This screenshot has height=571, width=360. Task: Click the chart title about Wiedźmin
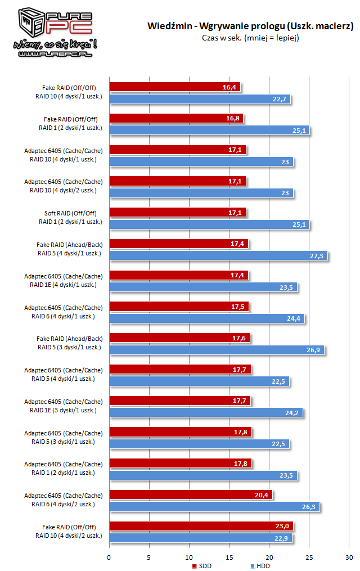(250, 26)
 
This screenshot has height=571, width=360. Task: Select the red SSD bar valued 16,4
(174, 87)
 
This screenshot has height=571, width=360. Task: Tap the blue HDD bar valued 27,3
(218, 256)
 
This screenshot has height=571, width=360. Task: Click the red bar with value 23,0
(201, 526)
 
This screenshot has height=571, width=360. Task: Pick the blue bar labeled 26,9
(217, 350)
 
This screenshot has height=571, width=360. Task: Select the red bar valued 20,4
(191, 494)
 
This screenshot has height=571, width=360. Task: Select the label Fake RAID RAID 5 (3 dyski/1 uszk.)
(69, 343)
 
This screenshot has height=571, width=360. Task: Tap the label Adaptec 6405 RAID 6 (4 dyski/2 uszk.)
(64, 500)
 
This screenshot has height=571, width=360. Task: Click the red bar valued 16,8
(176, 118)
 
